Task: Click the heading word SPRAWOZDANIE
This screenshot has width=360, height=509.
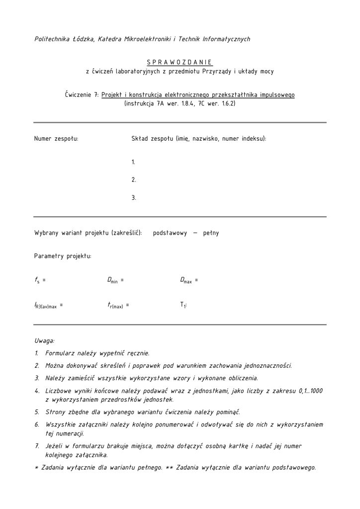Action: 180,62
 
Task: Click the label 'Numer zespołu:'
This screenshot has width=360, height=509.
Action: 56,139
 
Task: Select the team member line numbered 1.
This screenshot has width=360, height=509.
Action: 134,162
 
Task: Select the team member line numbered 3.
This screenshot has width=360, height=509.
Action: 134,198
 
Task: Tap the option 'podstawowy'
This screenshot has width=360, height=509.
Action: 170,233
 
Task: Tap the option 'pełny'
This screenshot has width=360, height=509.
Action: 211,233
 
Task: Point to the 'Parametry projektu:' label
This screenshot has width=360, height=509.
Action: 63,256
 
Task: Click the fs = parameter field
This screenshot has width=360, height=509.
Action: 40,280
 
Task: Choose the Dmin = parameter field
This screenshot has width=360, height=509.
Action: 115,280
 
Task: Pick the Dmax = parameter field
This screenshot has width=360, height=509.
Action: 189,280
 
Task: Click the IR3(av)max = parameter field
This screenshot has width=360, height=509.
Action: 48,306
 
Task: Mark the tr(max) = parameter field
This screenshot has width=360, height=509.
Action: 118,306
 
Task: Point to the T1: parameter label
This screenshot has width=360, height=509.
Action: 183,305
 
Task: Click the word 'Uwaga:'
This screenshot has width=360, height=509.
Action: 44,341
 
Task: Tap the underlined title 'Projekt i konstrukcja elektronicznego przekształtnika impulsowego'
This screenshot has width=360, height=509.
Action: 198,94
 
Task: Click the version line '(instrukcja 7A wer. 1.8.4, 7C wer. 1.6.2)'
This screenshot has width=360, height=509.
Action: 180,103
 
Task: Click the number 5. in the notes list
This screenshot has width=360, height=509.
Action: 37,412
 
